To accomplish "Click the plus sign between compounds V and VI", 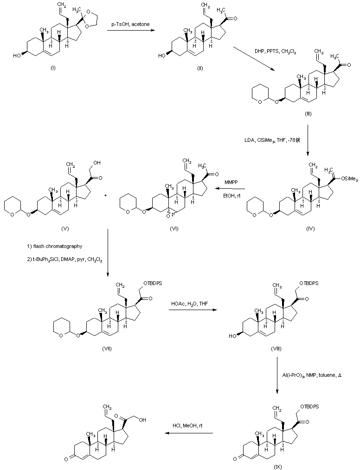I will pyautogui.click(x=105, y=196).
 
